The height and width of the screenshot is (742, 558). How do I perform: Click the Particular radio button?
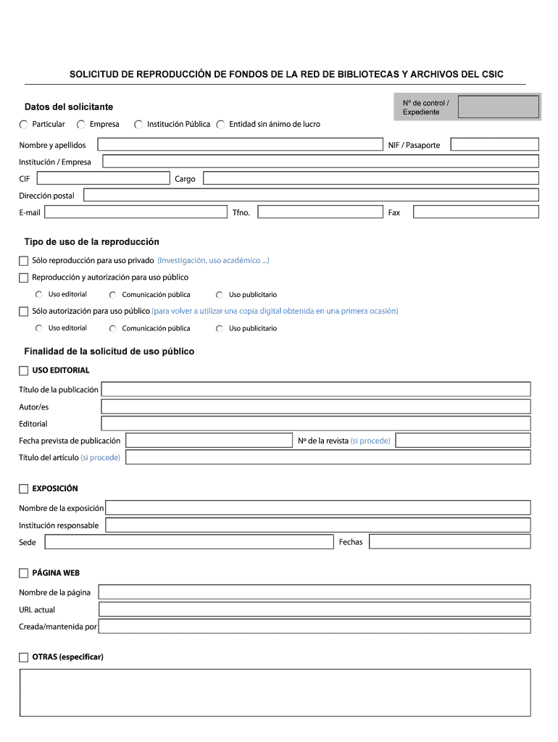click(24, 125)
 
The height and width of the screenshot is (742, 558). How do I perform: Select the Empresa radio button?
click(81, 125)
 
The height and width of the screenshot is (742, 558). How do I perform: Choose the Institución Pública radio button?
click(138, 125)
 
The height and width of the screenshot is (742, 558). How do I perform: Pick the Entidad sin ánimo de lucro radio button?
click(221, 125)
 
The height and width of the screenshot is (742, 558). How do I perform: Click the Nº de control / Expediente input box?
click(499, 107)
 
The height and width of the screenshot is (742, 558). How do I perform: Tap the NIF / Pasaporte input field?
click(494, 145)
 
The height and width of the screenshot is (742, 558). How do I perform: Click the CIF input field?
click(103, 178)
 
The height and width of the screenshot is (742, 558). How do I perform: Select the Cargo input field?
click(370, 178)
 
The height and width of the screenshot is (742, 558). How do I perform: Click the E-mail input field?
click(136, 212)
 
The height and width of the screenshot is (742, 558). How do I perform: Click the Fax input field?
click(475, 212)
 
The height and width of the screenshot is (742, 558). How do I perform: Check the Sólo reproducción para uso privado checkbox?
click(24, 261)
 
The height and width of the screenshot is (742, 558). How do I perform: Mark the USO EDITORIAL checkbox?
click(24, 371)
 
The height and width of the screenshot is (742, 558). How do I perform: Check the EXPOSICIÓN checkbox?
click(24, 489)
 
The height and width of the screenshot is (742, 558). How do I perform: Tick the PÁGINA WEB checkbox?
click(24, 573)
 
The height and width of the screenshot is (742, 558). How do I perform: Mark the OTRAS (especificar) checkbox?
click(24, 658)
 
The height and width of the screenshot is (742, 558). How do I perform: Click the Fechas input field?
click(449, 542)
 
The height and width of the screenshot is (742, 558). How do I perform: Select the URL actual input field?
click(315, 610)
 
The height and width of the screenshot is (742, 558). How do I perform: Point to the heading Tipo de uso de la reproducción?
click(91, 242)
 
